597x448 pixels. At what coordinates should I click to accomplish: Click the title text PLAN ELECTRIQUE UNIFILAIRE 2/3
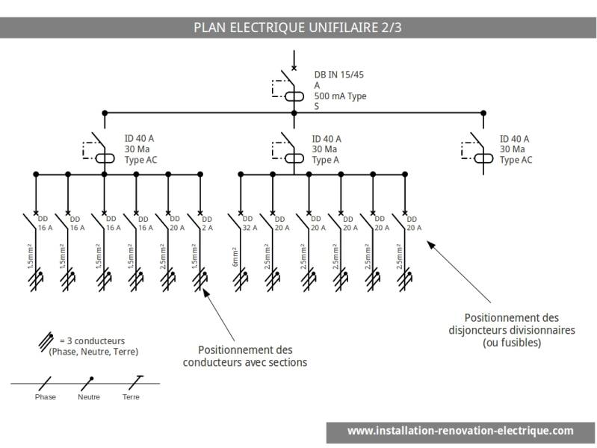(x=298, y=28)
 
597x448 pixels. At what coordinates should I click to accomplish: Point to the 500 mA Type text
(x=340, y=96)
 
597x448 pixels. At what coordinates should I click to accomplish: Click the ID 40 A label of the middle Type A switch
(x=327, y=139)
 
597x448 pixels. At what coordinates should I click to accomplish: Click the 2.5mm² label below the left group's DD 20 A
(x=161, y=255)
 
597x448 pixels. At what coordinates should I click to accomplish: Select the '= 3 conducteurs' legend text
(x=93, y=340)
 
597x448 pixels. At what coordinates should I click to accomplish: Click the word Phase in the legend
(x=46, y=397)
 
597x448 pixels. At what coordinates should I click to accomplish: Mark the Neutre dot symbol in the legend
(x=91, y=379)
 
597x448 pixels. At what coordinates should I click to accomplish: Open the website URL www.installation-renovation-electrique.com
(x=460, y=431)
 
